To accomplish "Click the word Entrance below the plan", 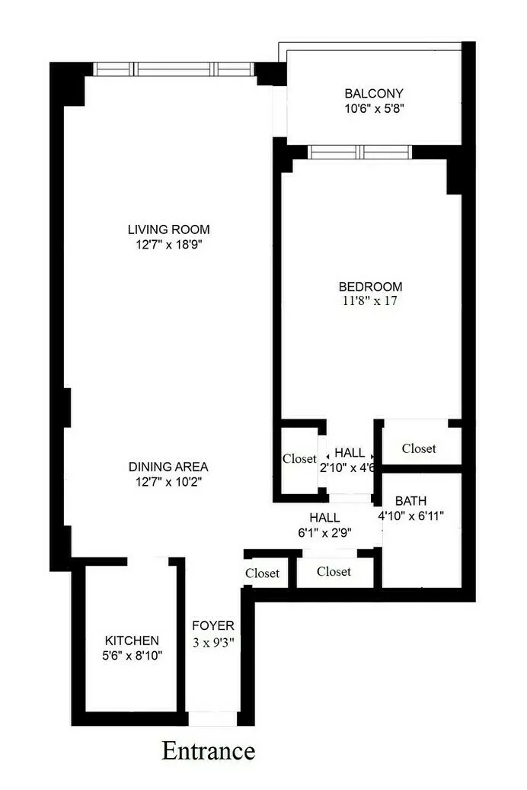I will click(208, 751).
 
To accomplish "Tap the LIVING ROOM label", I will click(168, 229).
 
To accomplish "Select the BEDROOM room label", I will click(370, 287).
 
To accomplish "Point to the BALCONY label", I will click(373, 94).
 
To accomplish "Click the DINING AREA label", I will click(168, 467).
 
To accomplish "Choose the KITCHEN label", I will click(132, 641).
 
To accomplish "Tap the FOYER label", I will click(213, 626).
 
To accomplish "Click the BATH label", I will click(410, 501).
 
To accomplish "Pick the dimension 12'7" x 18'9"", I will click(168, 244).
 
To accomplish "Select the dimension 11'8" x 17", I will click(370, 301).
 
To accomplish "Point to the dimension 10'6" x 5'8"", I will click(373, 108).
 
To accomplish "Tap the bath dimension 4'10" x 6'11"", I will click(411, 516).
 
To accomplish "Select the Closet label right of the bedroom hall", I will click(419, 448).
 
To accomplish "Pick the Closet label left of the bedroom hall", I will click(299, 459).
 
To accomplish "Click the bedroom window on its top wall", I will click(359, 152).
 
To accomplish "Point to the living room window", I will click(174, 69).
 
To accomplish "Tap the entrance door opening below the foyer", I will click(212, 718).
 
